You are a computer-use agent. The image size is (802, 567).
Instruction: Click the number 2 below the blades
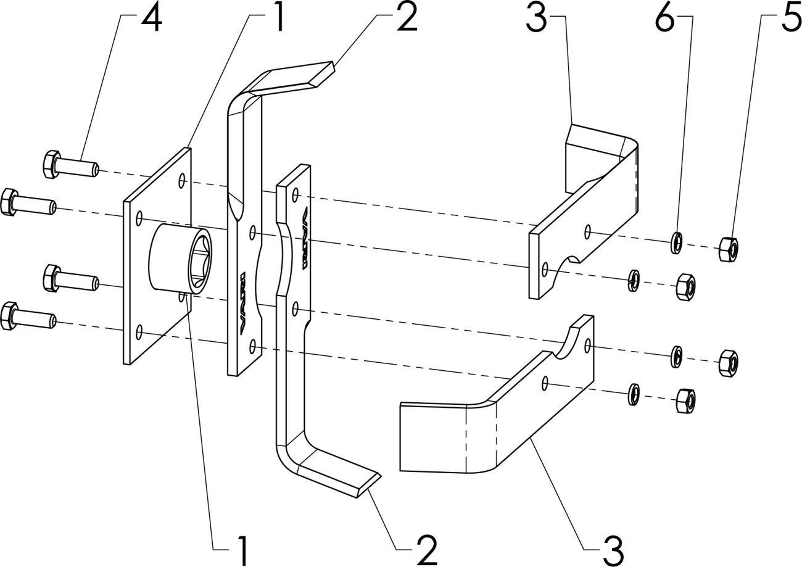(x=426, y=548)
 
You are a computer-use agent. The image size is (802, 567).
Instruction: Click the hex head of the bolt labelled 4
(x=51, y=163)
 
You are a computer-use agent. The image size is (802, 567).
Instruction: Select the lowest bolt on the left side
(x=28, y=316)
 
